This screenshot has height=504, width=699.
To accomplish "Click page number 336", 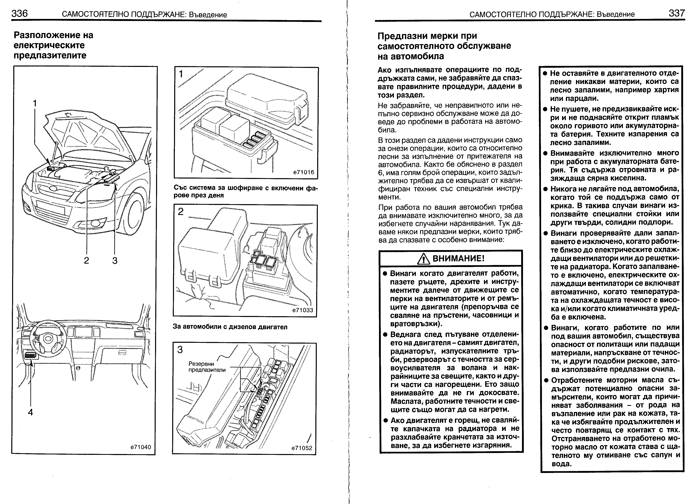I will point(19,14).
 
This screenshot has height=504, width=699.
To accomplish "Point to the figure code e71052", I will point(302,448).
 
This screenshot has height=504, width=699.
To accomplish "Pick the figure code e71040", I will point(141,447).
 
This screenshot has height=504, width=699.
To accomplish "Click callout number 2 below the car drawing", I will point(87,261).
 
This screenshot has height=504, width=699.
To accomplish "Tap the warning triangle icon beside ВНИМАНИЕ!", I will point(424,259).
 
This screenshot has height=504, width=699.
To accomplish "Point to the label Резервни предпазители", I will point(207,367).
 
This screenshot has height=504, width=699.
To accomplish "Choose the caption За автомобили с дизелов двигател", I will point(230,327).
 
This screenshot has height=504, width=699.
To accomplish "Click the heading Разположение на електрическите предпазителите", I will point(53,45).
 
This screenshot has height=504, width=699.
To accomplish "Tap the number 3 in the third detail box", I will point(180,350).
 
